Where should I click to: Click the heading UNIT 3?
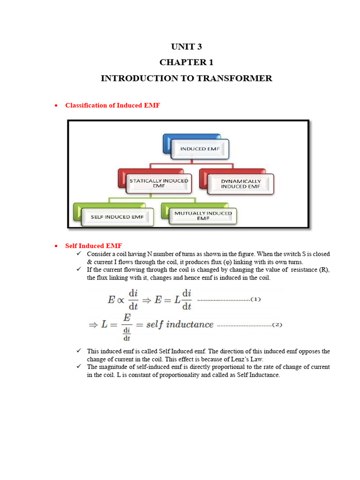(186, 47)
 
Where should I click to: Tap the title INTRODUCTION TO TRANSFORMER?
(186, 78)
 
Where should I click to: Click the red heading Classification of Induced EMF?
(112, 105)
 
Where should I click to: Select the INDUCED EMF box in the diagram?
(199, 149)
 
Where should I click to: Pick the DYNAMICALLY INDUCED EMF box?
(240, 183)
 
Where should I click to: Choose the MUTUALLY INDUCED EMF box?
(203, 216)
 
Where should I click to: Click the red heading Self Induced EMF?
(93, 246)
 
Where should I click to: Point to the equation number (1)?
(255, 299)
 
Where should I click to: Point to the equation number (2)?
(277, 324)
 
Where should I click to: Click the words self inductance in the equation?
(183, 324)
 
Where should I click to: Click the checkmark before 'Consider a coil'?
(79, 254)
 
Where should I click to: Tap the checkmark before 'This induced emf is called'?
(79, 351)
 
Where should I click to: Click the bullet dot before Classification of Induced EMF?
(56, 106)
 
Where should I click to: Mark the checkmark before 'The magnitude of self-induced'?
(79, 367)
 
